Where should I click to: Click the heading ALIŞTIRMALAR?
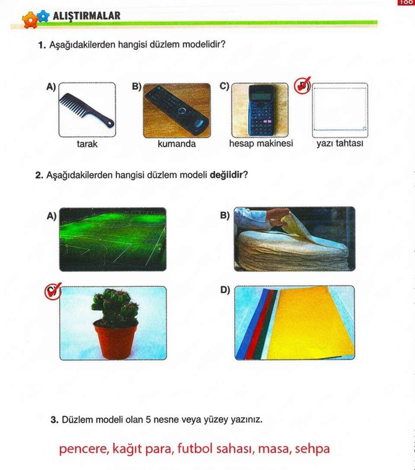[x=86, y=16]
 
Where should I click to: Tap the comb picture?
[x=87, y=110]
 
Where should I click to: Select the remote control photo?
[x=177, y=111]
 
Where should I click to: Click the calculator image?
[x=260, y=110]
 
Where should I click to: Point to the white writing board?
[x=340, y=110]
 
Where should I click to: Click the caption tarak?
[x=87, y=144]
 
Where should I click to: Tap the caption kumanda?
[x=177, y=144]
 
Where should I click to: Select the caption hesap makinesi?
[x=261, y=143]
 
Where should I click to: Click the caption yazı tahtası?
[x=340, y=143]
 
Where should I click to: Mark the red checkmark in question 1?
[x=302, y=86]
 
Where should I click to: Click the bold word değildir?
[x=226, y=175]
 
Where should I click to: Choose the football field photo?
[x=113, y=239]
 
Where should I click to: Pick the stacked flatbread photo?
[x=294, y=239]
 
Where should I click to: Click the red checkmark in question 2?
[x=53, y=291]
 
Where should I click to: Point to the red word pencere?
[x=84, y=449]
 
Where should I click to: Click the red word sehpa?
[x=312, y=449]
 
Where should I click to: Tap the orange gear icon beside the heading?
[x=30, y=20]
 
